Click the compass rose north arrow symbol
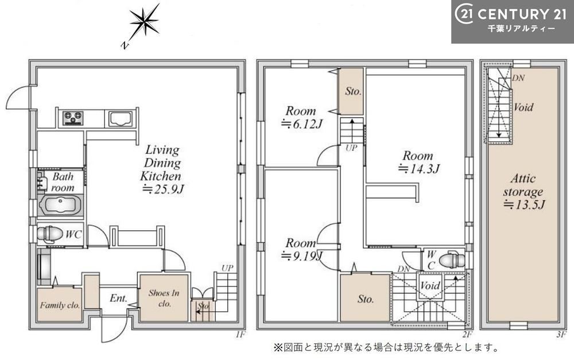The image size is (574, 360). pyautogui.click(x=143, y=24)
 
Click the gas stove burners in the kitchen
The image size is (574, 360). pyautogui.click(x=73, y=118)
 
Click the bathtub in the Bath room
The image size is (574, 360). pyautogui.click(x=61, y=206)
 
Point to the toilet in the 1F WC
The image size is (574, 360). pyautogui.click(x=49, y=234)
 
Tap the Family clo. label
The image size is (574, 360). pyautogui.click(x=60, y=305)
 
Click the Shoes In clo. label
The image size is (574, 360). pyautogui.click(x=164, y=298)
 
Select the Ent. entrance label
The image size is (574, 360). pyautogui.click(x=118, y=299)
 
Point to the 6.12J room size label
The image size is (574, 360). pyautogui.click(x=301, y=124)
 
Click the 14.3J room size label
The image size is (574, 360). pyautogui.click(x=418, y=169)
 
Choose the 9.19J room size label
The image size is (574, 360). pyautogui.click(x=301, y=256)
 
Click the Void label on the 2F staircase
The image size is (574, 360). pyautogui.click(x=430, y=285)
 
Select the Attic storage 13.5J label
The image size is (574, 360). pyautogui.click(x=523, y=192)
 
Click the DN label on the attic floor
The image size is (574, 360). pyautogui.click(x=518, y=78)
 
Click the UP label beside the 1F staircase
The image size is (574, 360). pyautogui.click(x=227, y=268)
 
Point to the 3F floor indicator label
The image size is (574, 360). pyautogui.click(x=561, y=334)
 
